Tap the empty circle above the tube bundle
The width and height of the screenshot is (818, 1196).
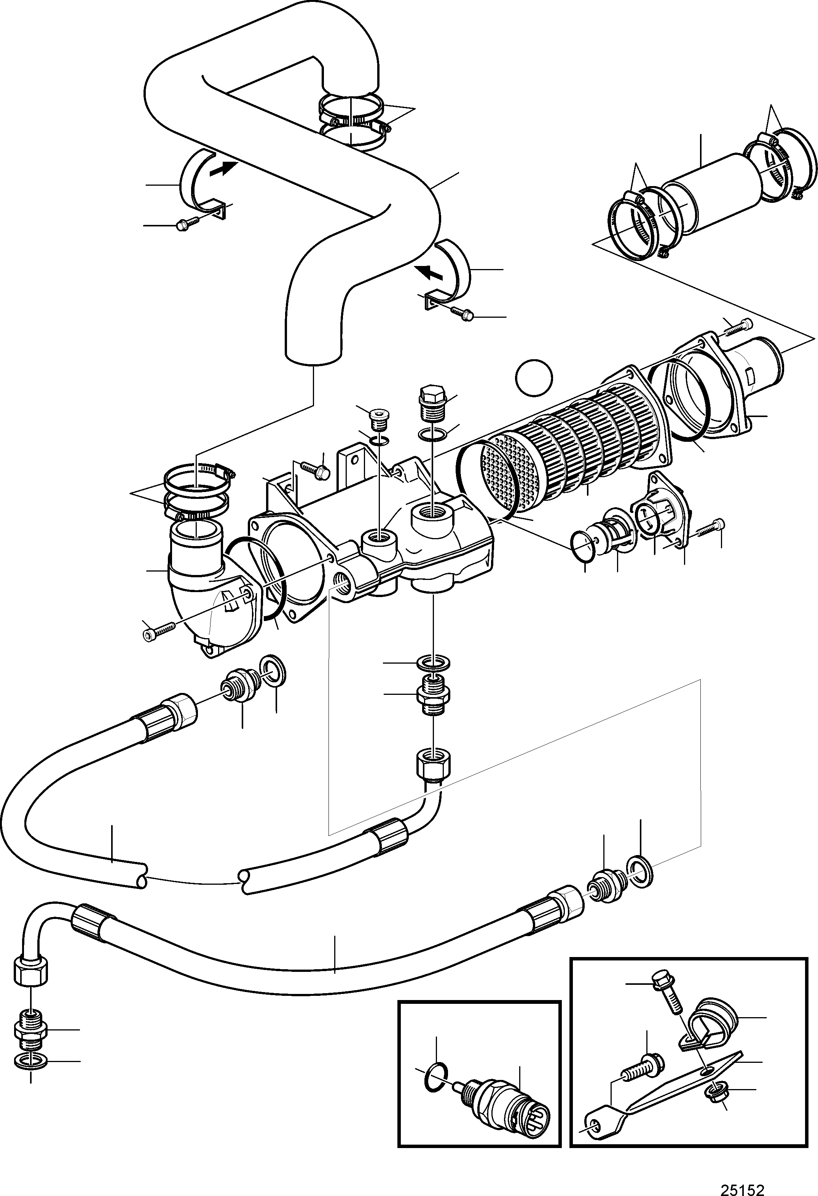pos(534,377)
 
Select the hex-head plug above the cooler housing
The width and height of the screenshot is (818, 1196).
pos(432,403)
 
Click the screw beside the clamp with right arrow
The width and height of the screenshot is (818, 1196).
pos(187,223)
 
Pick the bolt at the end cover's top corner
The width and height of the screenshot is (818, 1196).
pos(737,326)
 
